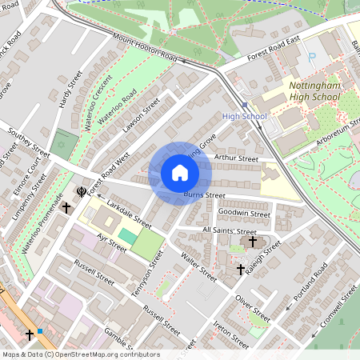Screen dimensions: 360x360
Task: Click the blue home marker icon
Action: [180, 173]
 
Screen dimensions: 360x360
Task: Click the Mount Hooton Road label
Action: [144, 49]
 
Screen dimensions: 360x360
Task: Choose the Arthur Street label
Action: [237, 158]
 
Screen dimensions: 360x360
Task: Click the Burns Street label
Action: [205, 194]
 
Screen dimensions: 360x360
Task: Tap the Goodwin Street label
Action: [245, 214]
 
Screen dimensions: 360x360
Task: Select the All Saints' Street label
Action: [230, 230]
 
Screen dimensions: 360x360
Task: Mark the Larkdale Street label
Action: [129, 215]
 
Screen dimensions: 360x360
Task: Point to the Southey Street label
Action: [29, 142]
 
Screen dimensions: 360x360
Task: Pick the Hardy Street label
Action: [71, 90]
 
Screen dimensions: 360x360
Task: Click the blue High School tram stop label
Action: [244, 117]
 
